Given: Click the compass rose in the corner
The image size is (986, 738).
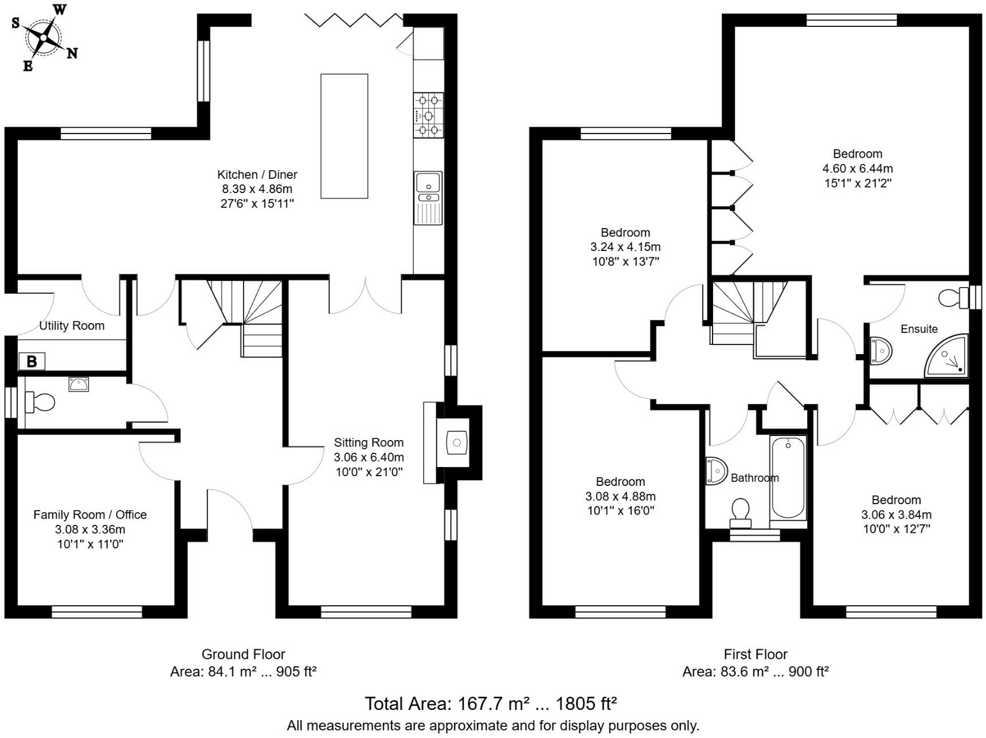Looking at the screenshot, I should tap(43, 38).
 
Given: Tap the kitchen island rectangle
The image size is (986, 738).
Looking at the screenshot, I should tap(344, 136).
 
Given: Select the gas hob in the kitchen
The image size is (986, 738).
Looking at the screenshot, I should tap(428, 116).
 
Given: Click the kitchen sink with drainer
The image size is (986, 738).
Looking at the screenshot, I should tap(428, 198).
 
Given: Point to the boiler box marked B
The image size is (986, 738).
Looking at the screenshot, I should tap(32, 362).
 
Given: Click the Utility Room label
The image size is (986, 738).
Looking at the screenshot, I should tap(72, 326).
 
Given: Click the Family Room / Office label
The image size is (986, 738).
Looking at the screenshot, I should tap(90, 515).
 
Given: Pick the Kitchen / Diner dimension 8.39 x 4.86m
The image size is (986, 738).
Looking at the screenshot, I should tap(257, 189).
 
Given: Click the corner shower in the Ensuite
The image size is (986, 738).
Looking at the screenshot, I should tap(947, 357).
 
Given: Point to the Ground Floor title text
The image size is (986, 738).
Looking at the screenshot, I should tap(243, 654).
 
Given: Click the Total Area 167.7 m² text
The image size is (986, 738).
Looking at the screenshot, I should tap(490, 703).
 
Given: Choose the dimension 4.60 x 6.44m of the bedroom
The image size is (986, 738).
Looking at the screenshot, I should tap(857, 168).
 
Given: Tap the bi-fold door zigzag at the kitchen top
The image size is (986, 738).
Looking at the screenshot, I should tap(353, 21).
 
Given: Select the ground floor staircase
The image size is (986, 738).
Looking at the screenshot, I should tap(246, 315).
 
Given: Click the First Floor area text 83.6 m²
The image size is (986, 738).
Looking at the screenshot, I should tap(755, 672).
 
